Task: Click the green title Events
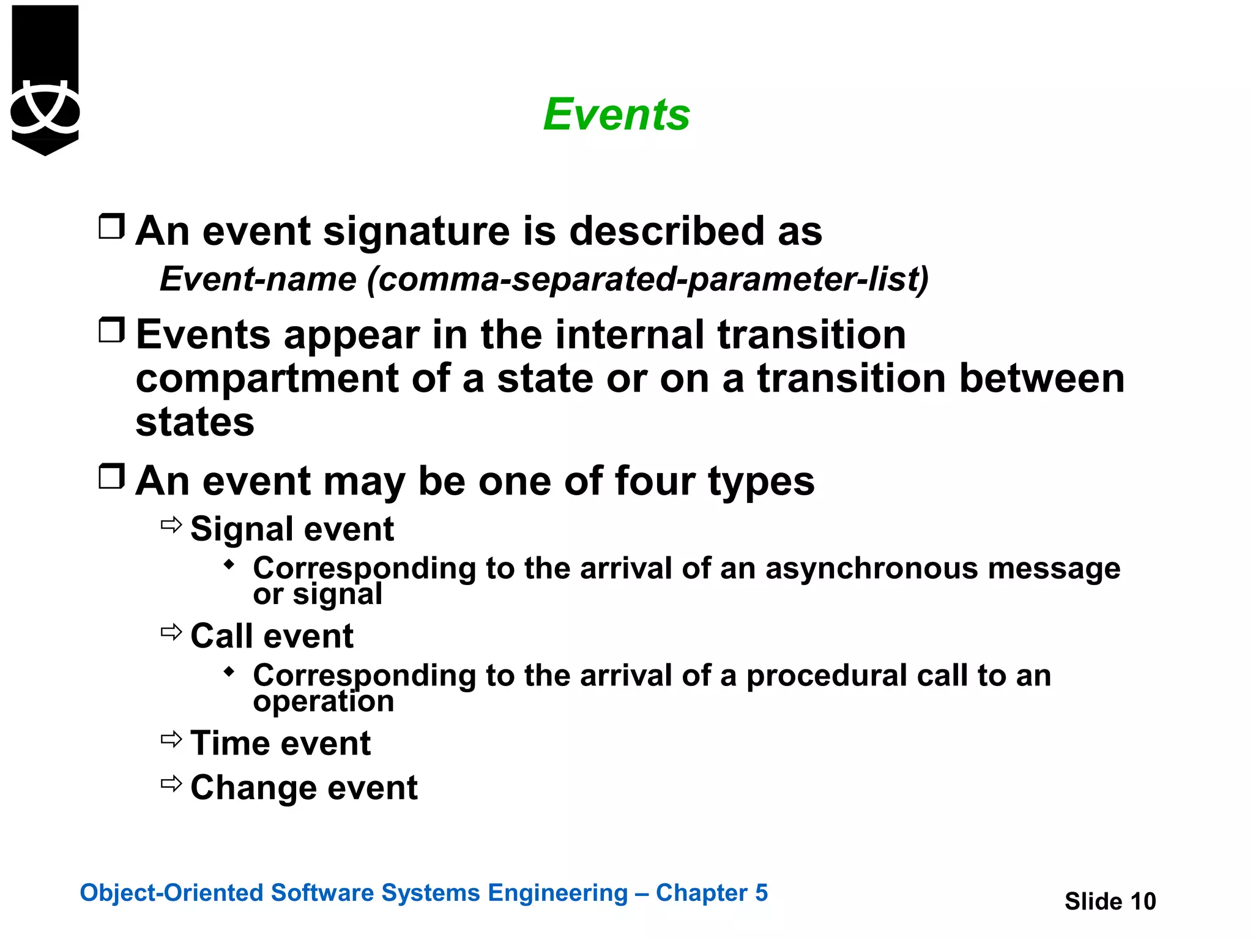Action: pos(616,114)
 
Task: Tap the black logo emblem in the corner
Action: pos(45,80)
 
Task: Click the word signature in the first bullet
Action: pos(416,232)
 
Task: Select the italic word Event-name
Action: pos(258,279)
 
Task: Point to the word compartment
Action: pos(267,379)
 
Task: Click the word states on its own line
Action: pos(195,422)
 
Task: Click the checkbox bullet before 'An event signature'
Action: pos(112,226)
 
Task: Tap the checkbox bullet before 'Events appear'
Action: pos(112,330)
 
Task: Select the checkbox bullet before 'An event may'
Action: pos(112,476)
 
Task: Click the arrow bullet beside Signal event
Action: pos(171,525)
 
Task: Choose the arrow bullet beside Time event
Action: pos(171,739)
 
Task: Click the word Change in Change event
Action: pos(253,788)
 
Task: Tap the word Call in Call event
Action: pos(221,636)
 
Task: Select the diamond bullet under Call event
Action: pos(229,672)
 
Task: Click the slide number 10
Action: pos(1142,901)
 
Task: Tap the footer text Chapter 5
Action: pos(712,893)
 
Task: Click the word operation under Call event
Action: pos(324,701)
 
